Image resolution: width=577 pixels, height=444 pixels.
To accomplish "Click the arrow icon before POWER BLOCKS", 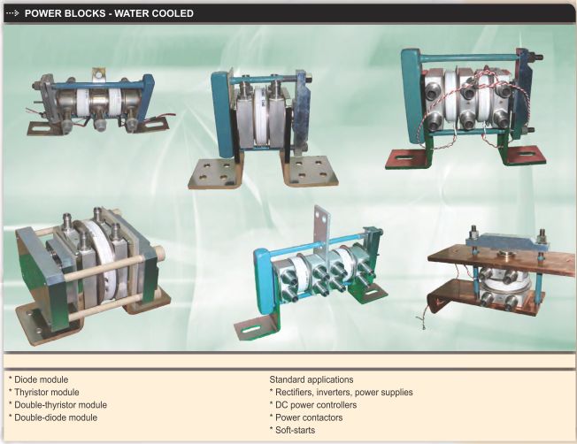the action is tap(12, 13).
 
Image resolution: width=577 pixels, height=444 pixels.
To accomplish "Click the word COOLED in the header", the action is tap(173, 13).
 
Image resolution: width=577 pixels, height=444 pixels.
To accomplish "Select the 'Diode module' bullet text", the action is tap(39, 379).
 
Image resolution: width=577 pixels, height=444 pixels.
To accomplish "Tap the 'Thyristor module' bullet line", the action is tap(43, 392).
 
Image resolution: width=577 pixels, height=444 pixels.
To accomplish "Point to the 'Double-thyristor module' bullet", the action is tap(58, 404).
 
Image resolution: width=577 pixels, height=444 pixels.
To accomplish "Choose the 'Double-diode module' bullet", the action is tap(53, 417).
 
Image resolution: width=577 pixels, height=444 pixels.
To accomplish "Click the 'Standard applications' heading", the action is tap(312, 379).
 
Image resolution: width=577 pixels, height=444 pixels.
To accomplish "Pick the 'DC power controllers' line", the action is tap(313, 404).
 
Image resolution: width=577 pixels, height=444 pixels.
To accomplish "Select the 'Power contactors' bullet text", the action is tap(306, 417).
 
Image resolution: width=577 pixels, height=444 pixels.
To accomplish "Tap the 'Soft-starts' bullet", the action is tap(292, 430).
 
